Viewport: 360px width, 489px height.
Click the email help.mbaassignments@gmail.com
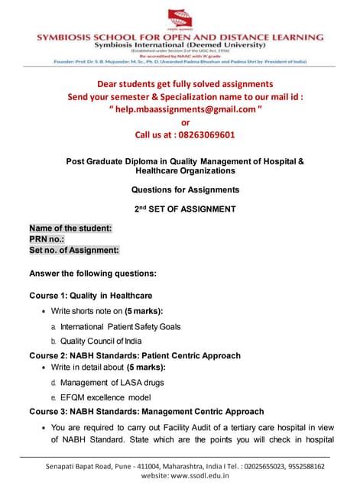tap(180, 109)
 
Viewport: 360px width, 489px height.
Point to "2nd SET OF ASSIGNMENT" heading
tap(180, 209)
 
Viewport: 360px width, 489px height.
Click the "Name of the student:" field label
tap(70, 228)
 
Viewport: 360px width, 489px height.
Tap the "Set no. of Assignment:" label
tap(74, 250)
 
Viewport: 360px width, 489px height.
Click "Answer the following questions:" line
tap(92, 273)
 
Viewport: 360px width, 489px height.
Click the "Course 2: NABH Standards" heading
tap(135, 355)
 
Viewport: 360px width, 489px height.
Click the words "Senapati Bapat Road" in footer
tap(77, 465)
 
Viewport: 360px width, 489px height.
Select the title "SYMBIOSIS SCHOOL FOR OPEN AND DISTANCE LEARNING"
tap(180, 37)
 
